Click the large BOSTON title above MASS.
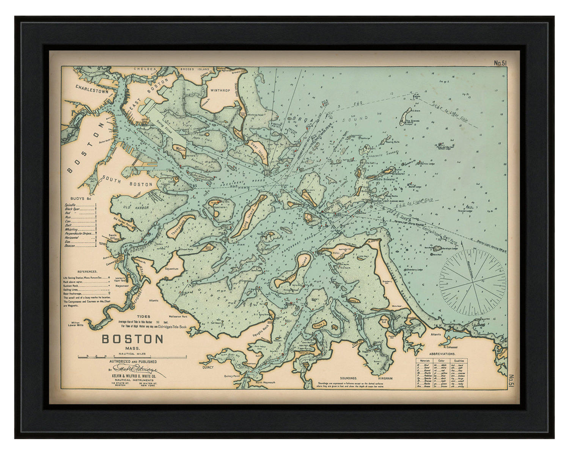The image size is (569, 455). point(132,339)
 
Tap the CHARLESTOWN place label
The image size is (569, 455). point(92,87)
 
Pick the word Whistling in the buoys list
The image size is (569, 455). point(71,229)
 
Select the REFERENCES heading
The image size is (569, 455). point(87,271)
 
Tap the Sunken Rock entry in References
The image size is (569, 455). point(71,286)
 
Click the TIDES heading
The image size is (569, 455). point(144,316)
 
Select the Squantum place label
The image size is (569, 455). point(171,268)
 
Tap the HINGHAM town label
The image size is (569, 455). point(385,378)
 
